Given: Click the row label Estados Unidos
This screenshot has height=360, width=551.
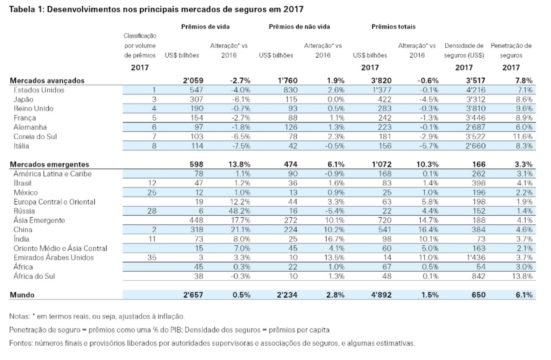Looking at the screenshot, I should point(39,90).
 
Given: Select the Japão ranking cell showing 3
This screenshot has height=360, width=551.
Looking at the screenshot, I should point(154,99).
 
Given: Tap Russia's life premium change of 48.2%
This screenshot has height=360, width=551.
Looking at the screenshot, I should point(240,211).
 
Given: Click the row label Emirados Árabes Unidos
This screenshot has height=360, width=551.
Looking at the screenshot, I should point(54,258).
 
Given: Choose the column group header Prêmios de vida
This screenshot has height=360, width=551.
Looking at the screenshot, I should point(205,27).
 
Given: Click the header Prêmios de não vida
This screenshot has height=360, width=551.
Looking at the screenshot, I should point(299,27).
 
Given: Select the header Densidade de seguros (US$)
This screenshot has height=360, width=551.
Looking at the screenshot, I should point(464,50).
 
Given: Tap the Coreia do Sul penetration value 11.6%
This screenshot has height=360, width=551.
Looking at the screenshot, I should point(522,137).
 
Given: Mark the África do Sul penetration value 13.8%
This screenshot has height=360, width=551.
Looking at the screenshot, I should point(522,276).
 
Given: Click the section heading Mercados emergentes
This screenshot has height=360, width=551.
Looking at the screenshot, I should point(49,164).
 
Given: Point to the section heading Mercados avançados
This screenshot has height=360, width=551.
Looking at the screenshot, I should point(47,81).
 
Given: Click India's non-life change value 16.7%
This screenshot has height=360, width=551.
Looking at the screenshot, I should point(335,239).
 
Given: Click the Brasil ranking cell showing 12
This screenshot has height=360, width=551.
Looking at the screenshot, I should point(152,183).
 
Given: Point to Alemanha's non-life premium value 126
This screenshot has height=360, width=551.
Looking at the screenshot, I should point(291,127).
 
